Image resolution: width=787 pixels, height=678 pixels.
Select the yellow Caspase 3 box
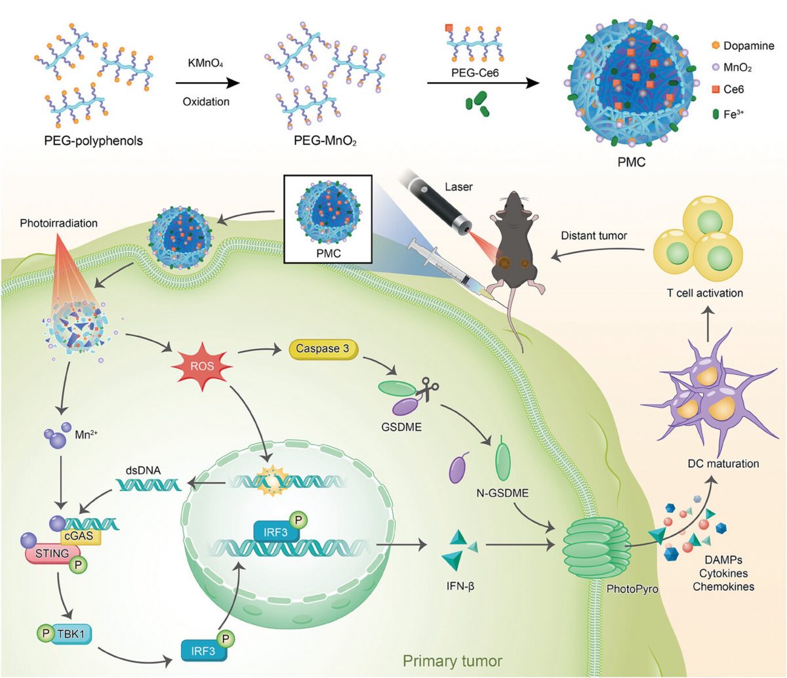point(323,349)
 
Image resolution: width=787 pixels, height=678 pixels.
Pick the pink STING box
point(52,555)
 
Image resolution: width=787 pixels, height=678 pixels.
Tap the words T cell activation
point(704,293)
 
